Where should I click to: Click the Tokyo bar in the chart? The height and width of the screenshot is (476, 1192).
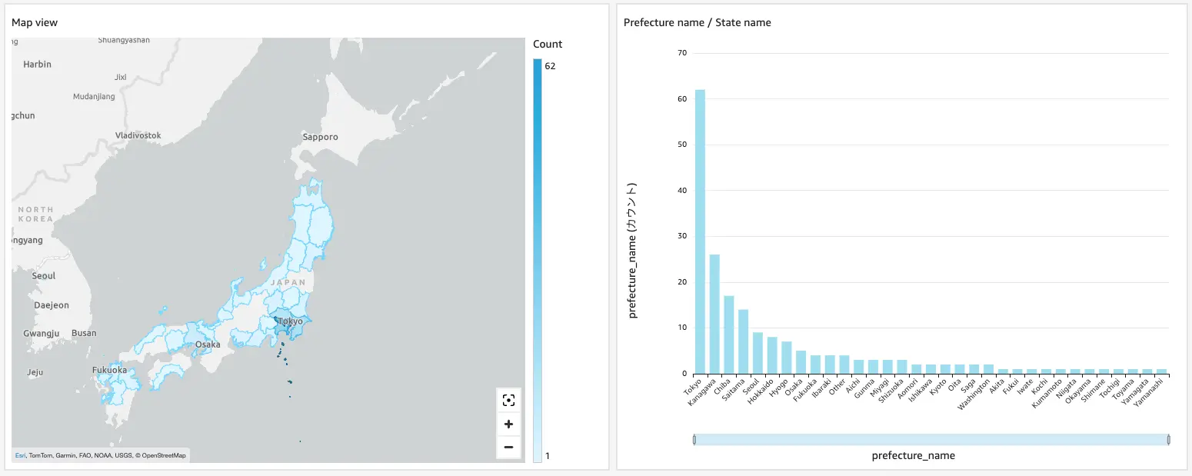700,231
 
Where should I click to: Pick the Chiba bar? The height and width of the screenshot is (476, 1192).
729,335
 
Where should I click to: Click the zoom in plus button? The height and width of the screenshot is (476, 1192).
508,424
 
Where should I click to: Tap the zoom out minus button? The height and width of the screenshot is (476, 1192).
508,447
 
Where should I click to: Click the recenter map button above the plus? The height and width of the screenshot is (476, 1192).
508,400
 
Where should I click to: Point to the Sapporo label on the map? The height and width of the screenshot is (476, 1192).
320,137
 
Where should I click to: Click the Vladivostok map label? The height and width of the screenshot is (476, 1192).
138,135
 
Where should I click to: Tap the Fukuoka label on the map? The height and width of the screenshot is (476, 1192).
108,370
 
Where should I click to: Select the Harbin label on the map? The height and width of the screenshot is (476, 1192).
37,65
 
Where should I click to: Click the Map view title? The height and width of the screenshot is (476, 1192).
35,22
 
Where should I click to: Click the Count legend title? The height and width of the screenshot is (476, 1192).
548,44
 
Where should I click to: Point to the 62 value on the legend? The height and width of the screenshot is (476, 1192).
550,66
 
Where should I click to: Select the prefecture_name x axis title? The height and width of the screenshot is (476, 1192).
913,455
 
